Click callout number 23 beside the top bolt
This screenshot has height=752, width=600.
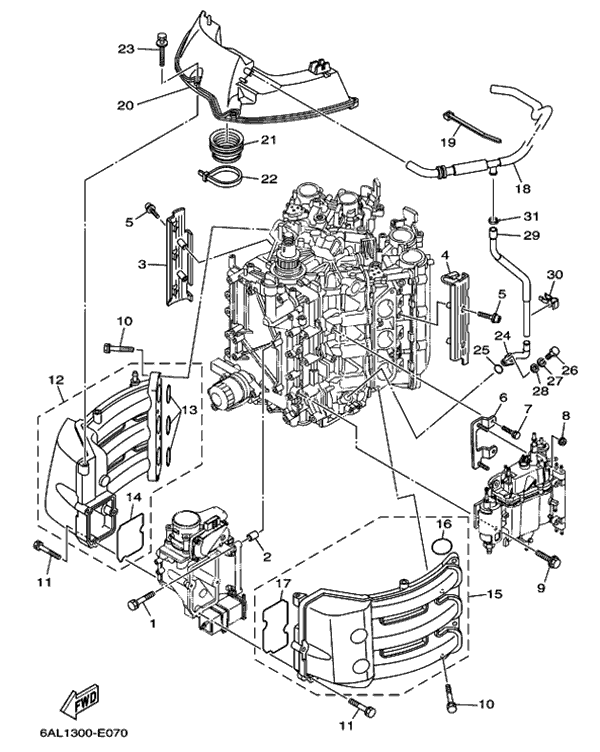click(x=126, y=49)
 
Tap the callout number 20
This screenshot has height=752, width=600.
click(x=125, y=103)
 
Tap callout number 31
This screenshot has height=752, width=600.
click(x=530, y=217)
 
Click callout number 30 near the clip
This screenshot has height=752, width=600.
click(x=555, y=274)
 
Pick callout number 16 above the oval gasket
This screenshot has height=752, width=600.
click(x=444, y=523)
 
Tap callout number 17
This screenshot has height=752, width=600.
click(x=284, y=583)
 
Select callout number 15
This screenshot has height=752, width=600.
click(x=494, y=594)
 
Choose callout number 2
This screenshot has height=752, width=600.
click(x=267, y=557)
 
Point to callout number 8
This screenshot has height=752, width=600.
click(x=565, y=415)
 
